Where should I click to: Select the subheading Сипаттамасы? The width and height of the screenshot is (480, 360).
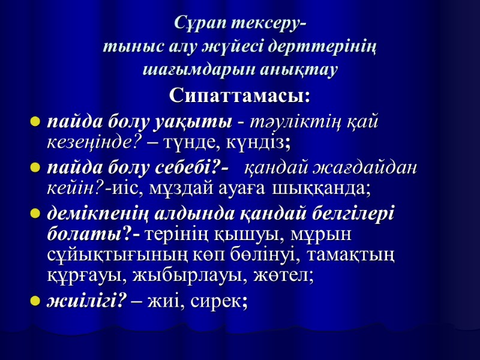coord(240,95)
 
